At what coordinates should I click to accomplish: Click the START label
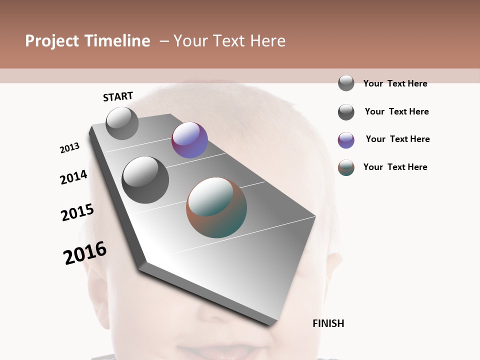[x=118, y=96]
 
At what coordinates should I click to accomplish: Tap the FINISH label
[x=328, y=323]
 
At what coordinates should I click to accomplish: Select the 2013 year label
[x=69, y=148]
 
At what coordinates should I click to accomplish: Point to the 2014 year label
[x=73, y=177]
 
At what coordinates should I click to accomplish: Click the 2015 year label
[x=77, y=212]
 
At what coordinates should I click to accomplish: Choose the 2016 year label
[x=85, y=253]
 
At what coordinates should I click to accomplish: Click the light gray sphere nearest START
[x=122, y=123]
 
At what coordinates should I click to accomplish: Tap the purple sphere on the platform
[x=189, y=140]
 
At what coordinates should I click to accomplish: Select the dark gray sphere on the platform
[x=145, y=179]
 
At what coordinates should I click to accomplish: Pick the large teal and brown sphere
[x=216, y=207]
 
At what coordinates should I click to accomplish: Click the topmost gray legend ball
[x=346, y=83]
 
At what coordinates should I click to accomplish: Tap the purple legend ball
[x=346, y=140]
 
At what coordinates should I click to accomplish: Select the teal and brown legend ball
[x=346, y=167]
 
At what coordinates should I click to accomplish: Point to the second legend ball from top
[x=346, y=112]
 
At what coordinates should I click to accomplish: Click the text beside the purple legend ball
[x=397, y=139]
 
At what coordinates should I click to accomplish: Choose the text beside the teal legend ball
[x=395, y=167]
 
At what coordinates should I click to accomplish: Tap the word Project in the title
[x=52, y=41]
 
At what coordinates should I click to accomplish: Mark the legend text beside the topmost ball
[x=395, y=83]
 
